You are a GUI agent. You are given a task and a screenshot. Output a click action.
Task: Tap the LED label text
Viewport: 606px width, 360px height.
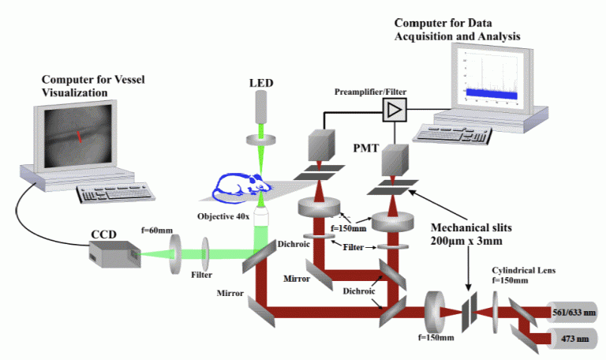pos(262,82)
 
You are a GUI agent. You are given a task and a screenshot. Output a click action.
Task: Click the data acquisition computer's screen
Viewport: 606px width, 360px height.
pos(489,75)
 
